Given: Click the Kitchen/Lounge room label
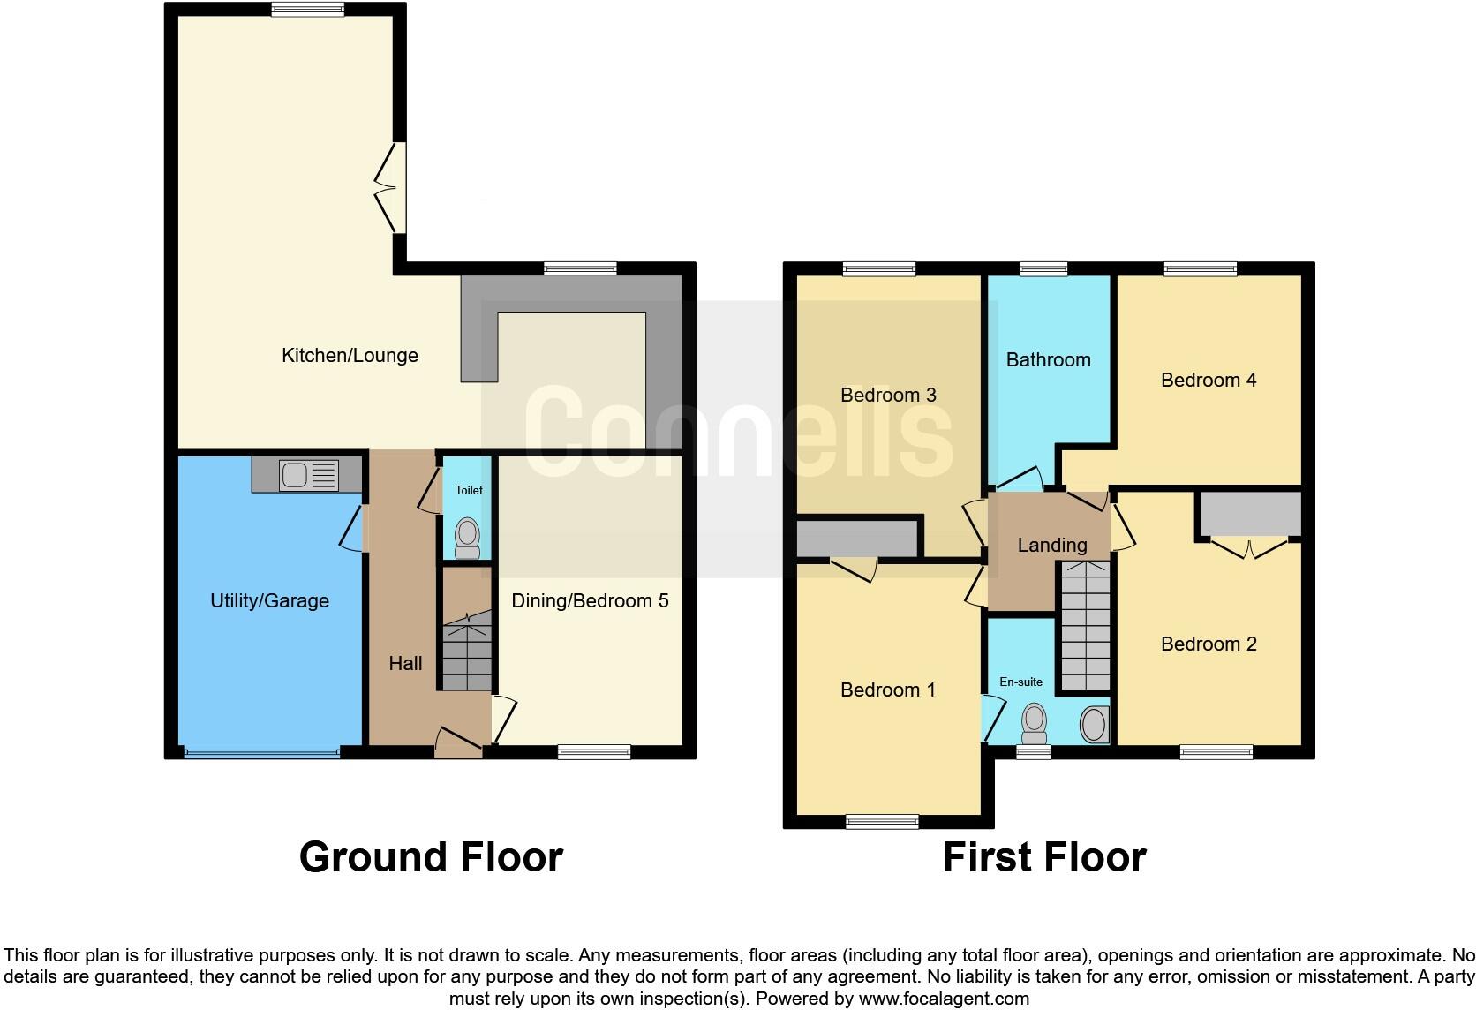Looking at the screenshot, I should tap(350, 356).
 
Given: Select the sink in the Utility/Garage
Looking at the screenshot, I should tap(307, 476).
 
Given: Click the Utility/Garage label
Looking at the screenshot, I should tap(269, 601).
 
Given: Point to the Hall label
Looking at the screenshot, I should tap(405, 664).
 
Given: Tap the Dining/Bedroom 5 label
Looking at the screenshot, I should tap(590, 601).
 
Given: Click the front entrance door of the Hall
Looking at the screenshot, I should tap(459, 742).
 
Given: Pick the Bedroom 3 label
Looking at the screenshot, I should tap(887, 396).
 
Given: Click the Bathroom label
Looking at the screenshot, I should tap(1048, 360).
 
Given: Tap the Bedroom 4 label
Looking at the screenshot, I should tap(1208, 381).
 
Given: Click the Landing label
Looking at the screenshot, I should tap(1051, 546).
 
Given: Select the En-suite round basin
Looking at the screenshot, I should tap(1093, 726).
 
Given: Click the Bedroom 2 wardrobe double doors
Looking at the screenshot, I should tap(1248, 548).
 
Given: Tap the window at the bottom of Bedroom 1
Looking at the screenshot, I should tap(881, 822).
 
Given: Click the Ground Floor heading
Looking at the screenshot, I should tap(431, 857).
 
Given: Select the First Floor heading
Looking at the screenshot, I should tap(1043, 857).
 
